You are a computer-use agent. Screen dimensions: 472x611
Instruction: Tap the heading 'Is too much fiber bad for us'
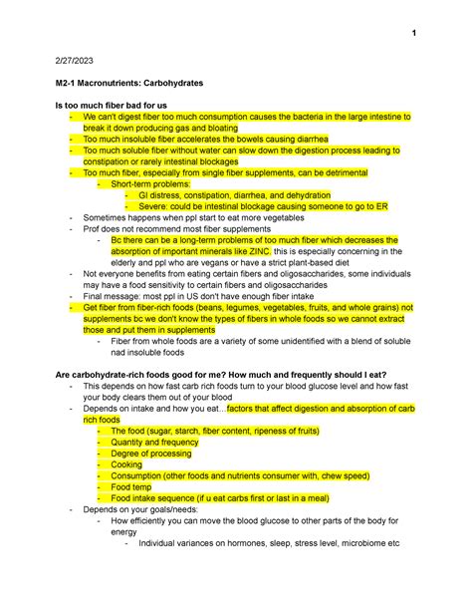click(x=119, y=105)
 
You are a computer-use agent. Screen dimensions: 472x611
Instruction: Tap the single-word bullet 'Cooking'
click(x=127, y=463)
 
